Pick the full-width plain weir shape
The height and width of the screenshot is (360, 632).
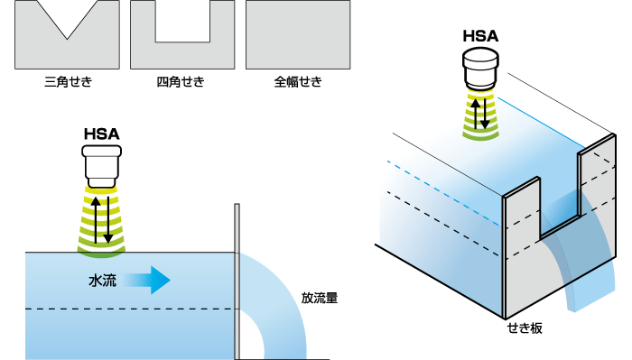point(298,34)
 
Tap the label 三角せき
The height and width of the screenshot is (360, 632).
point(68,83)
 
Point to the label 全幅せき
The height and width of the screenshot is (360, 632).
point(298,83)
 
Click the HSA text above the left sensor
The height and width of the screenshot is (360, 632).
point(102,134)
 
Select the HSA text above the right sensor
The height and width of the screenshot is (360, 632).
point(479,36)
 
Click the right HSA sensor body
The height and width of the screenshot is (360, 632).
point(479,68)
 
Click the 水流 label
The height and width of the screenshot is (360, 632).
point(102,281)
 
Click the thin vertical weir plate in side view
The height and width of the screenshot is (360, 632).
point(237,280)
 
